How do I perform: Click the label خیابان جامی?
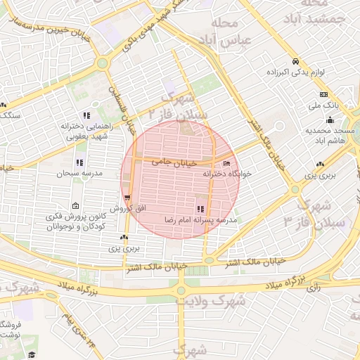click(168, 162)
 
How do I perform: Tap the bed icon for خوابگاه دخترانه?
click(226, 164)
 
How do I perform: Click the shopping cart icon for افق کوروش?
click(127, 198)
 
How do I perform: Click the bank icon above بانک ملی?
click(323, 94)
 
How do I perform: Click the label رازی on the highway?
click(314, 286)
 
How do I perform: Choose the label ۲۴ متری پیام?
click(79, 332)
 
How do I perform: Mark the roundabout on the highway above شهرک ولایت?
click(181, 290)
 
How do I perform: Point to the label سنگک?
click(10, 114)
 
